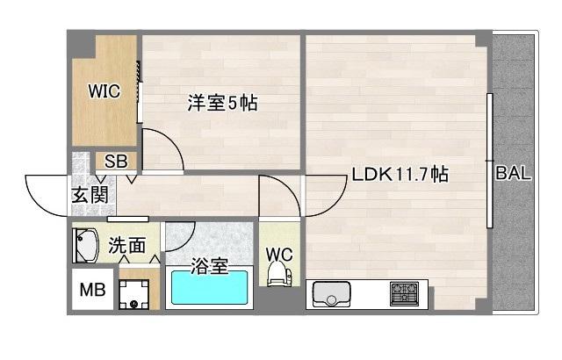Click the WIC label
104,91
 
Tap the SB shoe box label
116,162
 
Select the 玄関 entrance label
90,195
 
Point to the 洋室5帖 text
222,103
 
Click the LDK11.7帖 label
400,175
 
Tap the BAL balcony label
513,173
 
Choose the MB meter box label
92,290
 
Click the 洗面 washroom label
126,245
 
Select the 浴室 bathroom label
209,266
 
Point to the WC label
279,255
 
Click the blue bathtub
210,288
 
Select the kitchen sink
332,294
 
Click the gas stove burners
404,294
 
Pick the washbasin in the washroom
86,246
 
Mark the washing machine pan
134,294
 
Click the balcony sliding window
489,161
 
